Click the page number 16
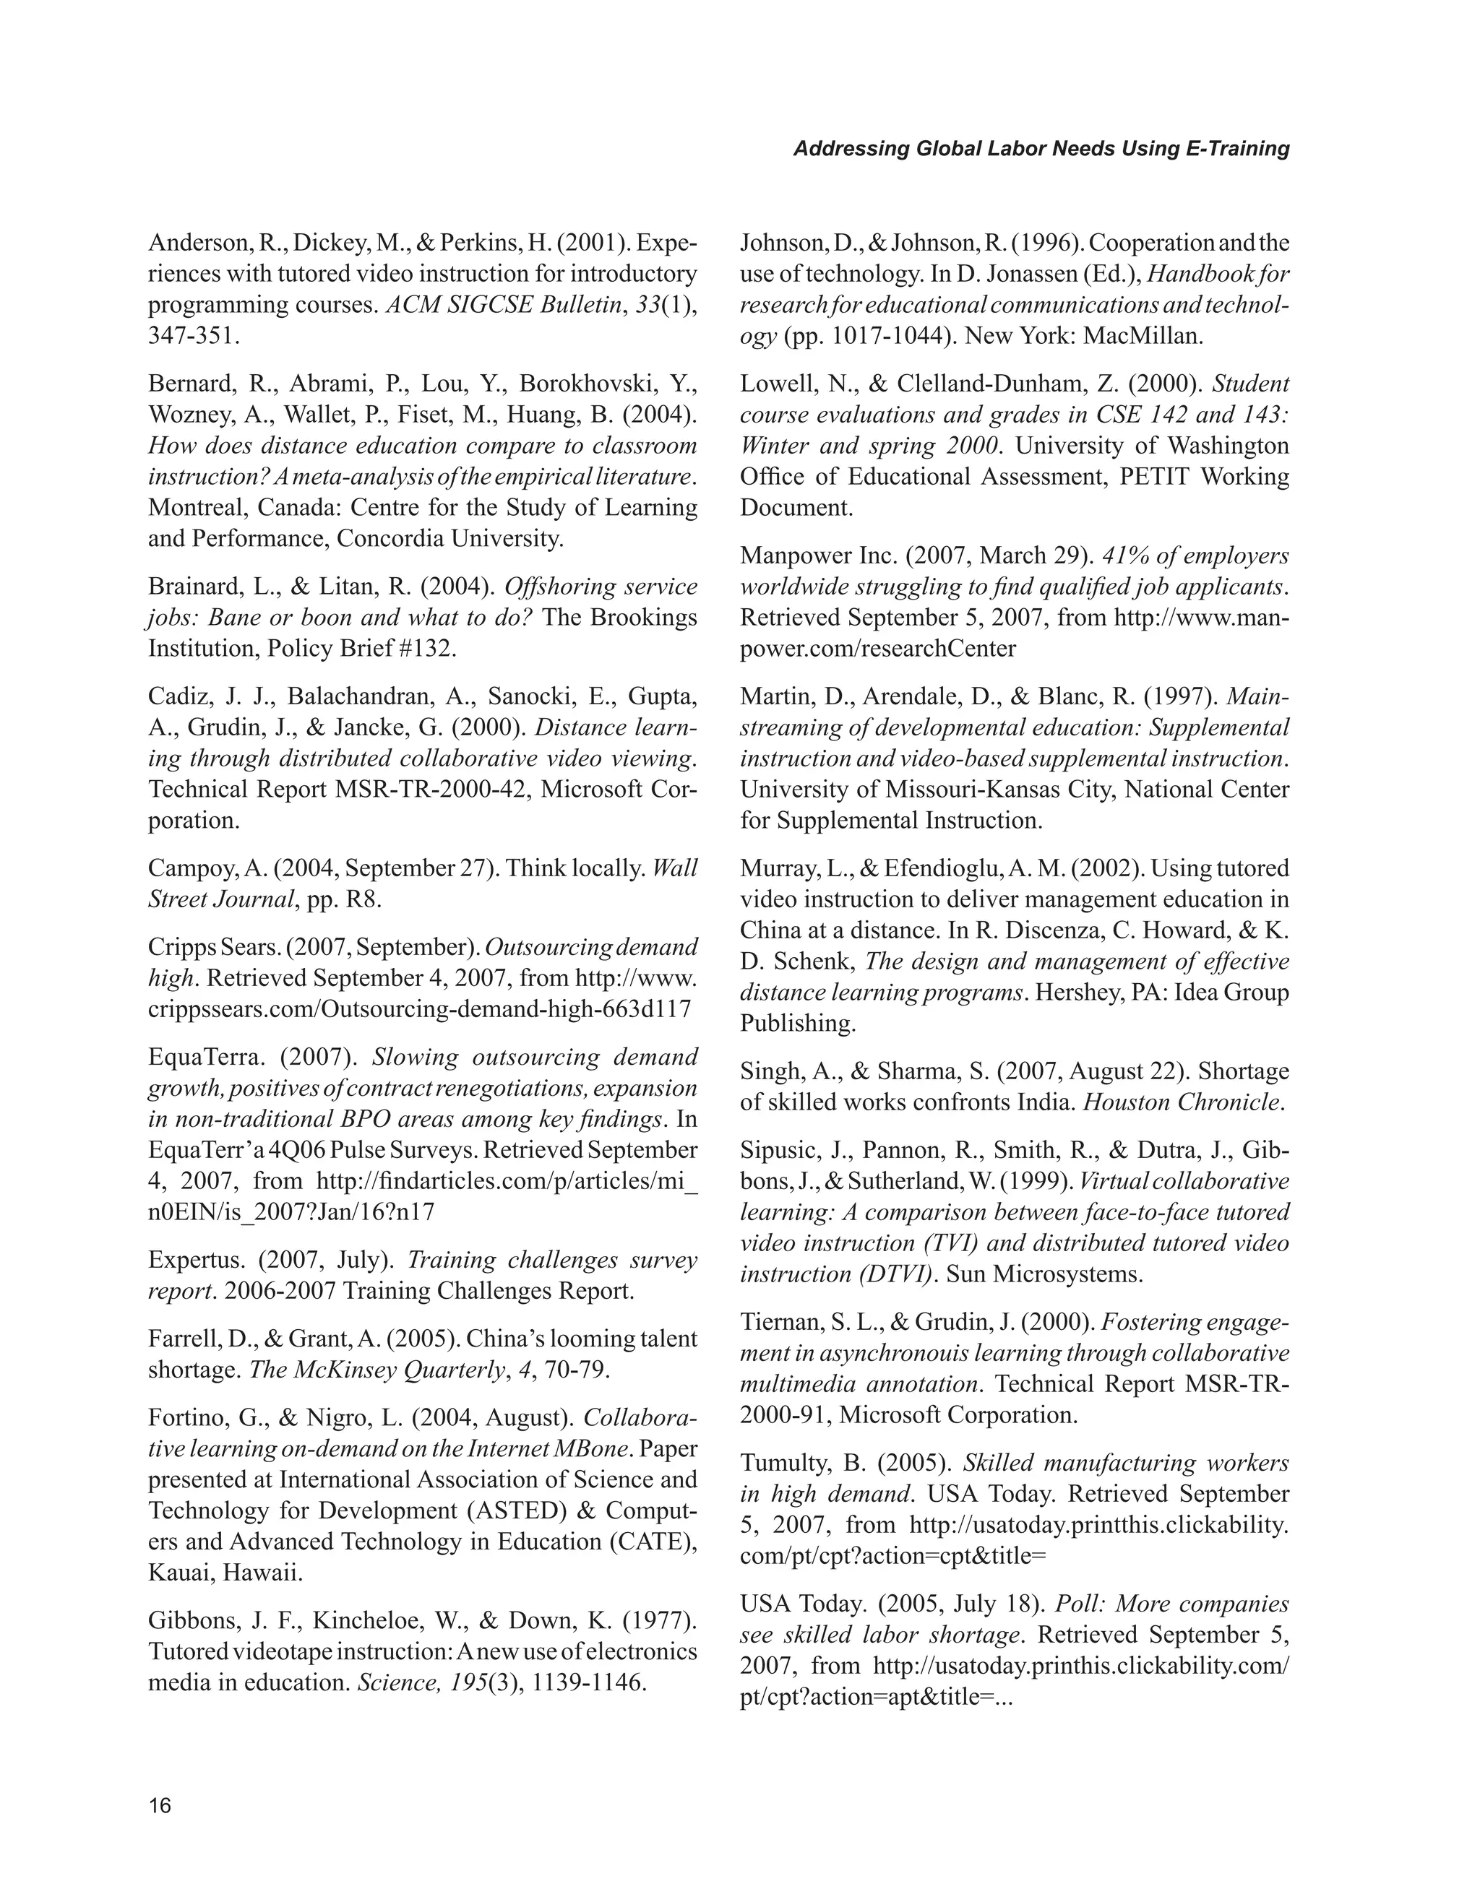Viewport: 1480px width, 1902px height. [x=160, y=1805]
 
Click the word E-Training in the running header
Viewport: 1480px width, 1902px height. [x=1237, y=149]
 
